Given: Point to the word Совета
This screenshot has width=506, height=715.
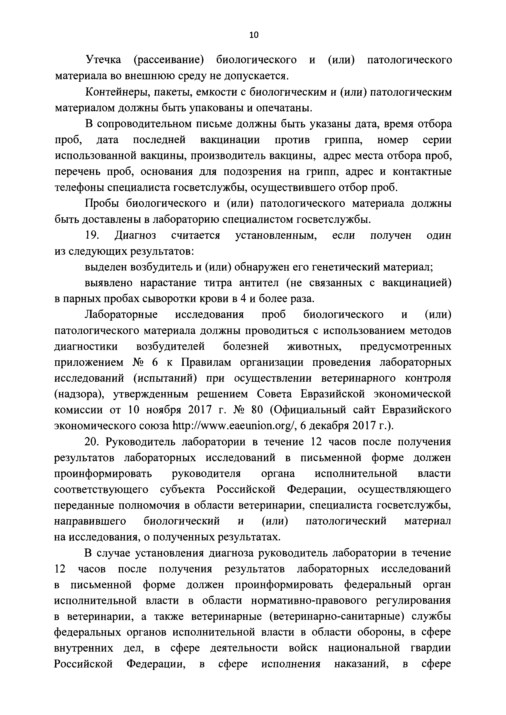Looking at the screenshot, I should [x=274, y=394].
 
